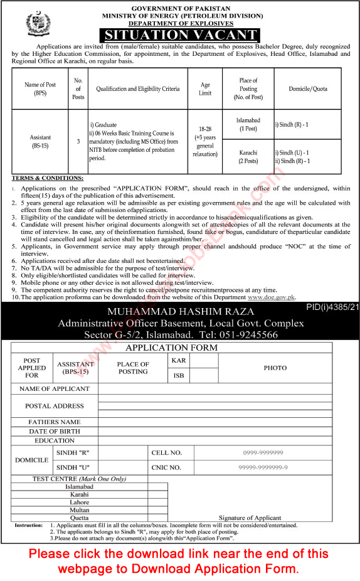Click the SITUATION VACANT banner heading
[x=180, y=35]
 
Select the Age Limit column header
[x=205, y=89]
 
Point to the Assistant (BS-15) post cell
[x=40, y=141]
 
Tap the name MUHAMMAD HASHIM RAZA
[x=180, y=312]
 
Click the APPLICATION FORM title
[x=180, y=348]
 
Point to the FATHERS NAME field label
[x=54, y=422]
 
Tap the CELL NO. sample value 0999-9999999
[x=263, y=452]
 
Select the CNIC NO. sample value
[x=263, y=467]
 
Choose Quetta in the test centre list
[x=54, y=518]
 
